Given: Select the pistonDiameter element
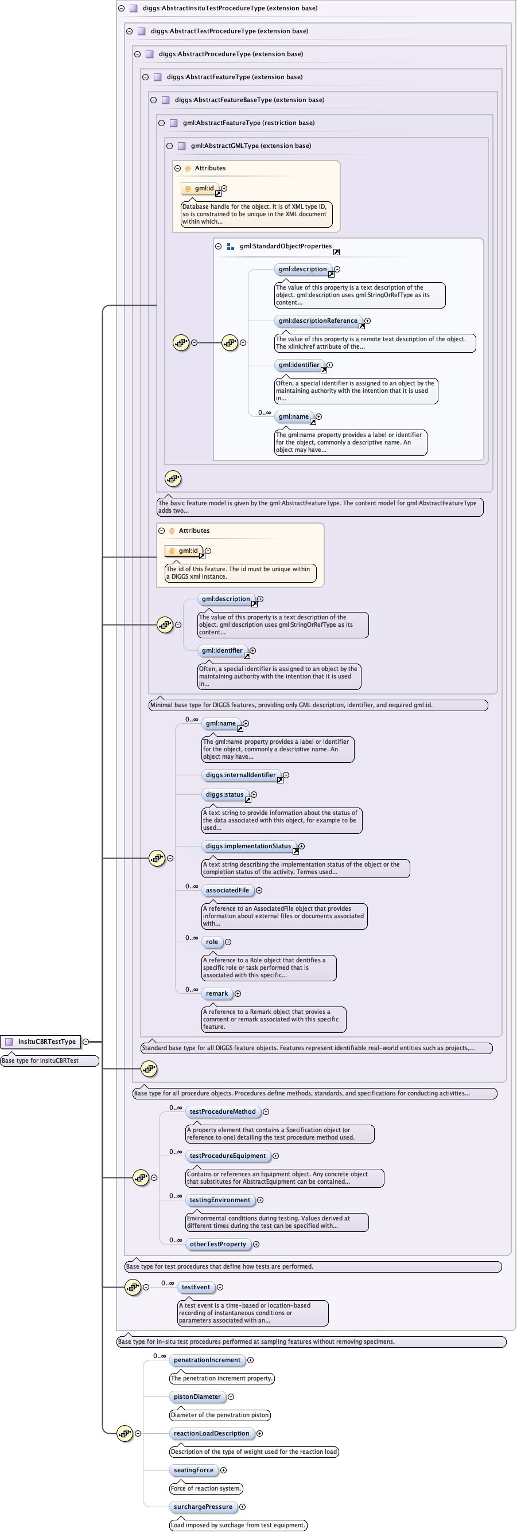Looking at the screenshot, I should click(197, 1397).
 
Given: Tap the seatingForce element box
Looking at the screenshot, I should click(193, 1470).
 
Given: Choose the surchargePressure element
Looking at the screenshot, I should click(203, 1507).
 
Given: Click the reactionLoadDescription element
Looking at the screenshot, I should click(211, 1433).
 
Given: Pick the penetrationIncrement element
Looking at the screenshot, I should click(207, 1360).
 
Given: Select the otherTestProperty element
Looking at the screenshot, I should click(217, 1244).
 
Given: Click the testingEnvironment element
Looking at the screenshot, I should click(220, 1200).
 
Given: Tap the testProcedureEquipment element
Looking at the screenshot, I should click(228, 1156).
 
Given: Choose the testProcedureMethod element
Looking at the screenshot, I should click(222, 1111).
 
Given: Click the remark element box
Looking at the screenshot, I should click(217, 993).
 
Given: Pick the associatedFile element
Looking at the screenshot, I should click(227, 890).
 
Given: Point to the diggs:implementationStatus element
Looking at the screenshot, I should click(248, 847).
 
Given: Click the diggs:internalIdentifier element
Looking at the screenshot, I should click(240, 775).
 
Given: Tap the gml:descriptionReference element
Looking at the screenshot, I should click(318, 321).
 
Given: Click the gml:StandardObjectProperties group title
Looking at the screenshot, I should click(285, 247).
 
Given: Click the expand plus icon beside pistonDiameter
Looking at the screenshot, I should click(231, 1397).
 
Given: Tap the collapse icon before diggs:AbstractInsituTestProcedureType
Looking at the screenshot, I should click(122, 9).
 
